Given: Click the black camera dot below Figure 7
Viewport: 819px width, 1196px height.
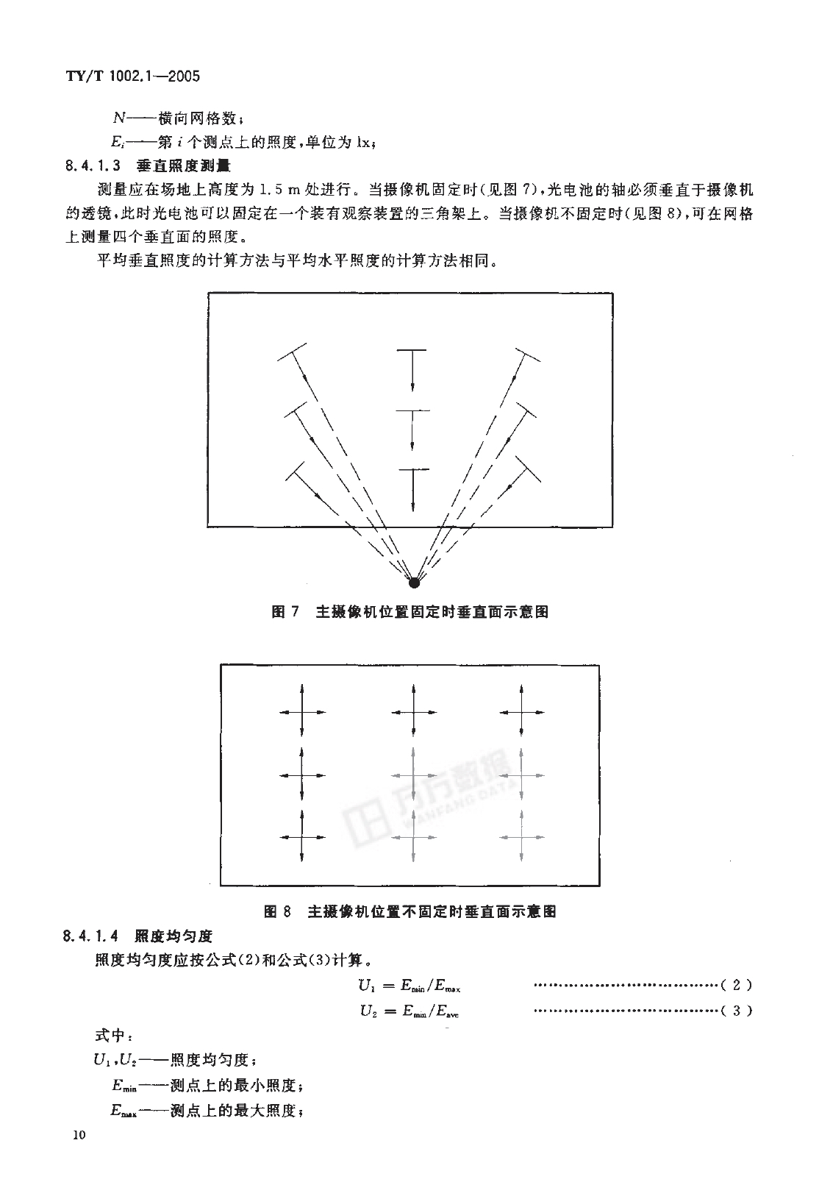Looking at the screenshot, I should tap(415, 583).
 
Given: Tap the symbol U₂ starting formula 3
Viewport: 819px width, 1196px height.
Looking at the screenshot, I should tap(368, 1011).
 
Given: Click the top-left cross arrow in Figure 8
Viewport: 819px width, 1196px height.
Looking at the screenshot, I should tap(302, 711).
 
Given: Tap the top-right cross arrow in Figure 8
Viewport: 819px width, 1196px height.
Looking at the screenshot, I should tap(521, 711).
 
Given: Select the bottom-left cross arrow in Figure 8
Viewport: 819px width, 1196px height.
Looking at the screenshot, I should tap(302, 837).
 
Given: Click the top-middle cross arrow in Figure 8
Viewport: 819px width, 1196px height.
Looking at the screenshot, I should tap(414, 711).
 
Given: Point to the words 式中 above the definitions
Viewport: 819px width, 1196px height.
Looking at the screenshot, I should tap(110, 1035).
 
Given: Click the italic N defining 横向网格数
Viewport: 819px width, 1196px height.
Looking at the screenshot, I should tap(119, 118).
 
